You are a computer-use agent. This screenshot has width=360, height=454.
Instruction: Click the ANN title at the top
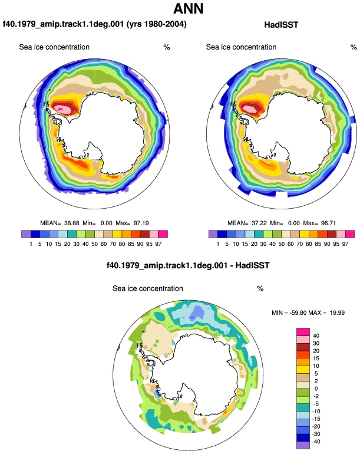click(x=188, y=8)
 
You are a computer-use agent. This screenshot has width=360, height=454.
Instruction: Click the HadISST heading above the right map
click(x=281, y=25)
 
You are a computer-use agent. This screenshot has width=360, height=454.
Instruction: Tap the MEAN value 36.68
click(x=71, y=223)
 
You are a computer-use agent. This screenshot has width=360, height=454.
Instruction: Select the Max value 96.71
click(x=328, y=223)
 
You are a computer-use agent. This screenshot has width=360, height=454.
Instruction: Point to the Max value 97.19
click(x=141, y=223)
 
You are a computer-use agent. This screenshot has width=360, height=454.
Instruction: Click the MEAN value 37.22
click(x=259, y=223)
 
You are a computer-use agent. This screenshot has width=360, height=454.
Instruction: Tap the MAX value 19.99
click(x=337, y=312)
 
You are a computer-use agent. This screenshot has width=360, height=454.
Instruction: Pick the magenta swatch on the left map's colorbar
click(x=163, y=234)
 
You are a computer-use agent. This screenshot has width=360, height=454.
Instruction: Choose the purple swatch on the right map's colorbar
click(x=213, y=234)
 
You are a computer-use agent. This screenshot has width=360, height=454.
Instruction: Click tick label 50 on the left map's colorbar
click(x=94, y=244)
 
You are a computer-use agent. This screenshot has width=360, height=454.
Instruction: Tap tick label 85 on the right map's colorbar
click(x=318, y=244)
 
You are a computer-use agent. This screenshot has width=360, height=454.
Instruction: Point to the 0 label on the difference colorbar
click(x=316, y=389)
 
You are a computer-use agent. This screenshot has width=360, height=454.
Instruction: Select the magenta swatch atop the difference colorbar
click(x=303, y=332)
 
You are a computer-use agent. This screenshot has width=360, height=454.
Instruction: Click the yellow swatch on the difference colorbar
click(x=303, y=370)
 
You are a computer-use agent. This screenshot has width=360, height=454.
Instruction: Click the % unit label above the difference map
click(x=260, y=289)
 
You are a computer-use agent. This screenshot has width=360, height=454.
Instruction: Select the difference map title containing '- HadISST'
click(x=188, y=265)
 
